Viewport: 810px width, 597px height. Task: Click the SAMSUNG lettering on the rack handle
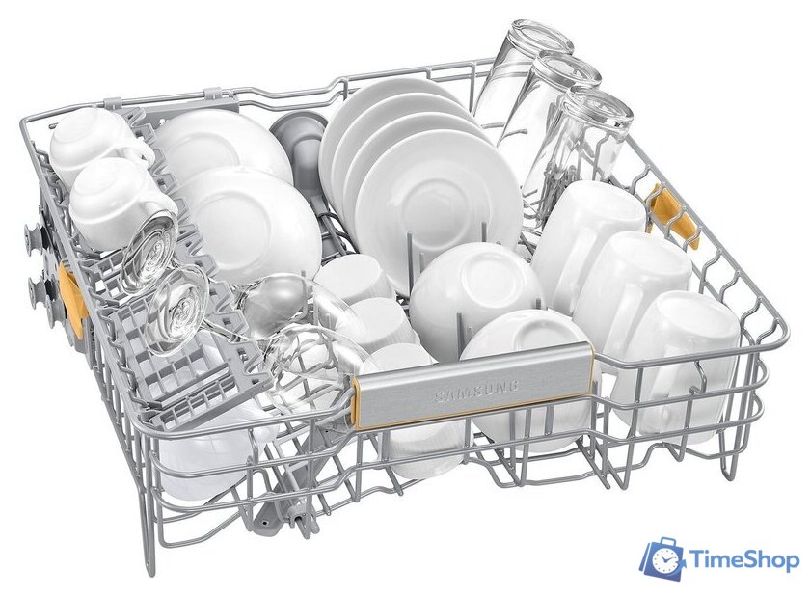(x=476, y=391)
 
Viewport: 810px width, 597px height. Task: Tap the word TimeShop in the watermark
(x=744, y=560)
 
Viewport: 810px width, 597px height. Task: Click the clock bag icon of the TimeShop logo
(x=662, y=558)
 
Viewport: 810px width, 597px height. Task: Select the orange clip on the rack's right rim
(x=674, y=217)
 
